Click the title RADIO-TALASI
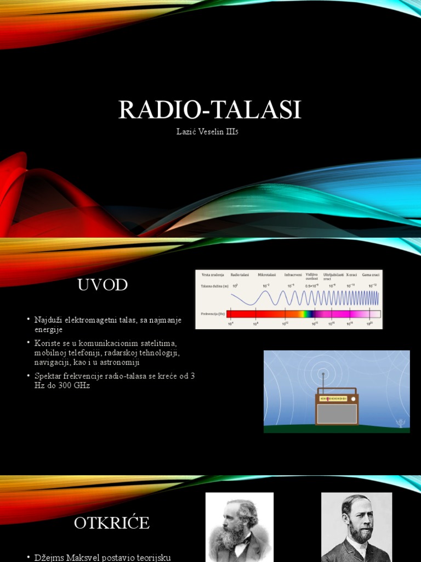click(210, 110)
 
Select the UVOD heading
click(103, 285)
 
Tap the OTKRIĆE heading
click(112, 522)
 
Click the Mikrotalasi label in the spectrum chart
click(266, 274)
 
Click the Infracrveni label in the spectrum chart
click(292, 274)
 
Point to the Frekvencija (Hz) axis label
click(213, 314)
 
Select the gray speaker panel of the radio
click(337, 413)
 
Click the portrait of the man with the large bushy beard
click(240, 527)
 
